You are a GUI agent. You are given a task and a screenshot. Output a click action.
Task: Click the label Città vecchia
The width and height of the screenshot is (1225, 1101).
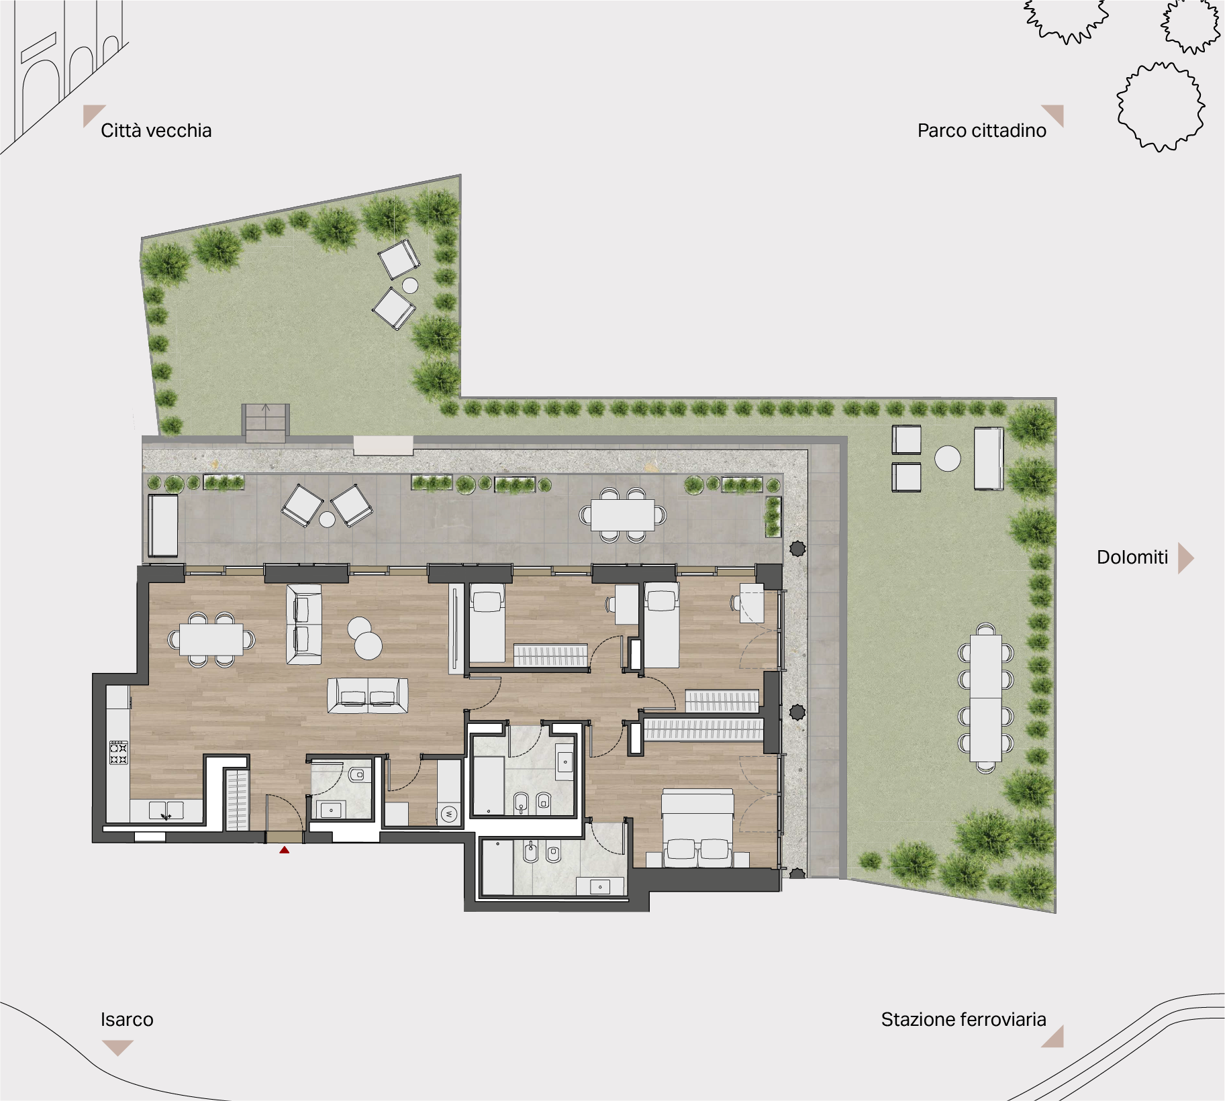(x=156, y=130)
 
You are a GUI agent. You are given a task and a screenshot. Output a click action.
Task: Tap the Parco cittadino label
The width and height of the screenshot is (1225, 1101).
(x=981, y=130)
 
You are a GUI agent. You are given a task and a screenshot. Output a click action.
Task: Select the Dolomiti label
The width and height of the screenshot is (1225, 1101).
(x=1132, y=557)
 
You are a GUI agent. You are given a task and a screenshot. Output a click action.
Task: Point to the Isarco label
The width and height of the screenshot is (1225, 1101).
(x=127, y=1019)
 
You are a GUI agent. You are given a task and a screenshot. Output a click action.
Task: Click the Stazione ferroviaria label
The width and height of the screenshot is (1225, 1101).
(x=963, y=1019)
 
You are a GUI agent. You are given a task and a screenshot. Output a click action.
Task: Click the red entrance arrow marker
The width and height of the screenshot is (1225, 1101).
(x=285, y=850)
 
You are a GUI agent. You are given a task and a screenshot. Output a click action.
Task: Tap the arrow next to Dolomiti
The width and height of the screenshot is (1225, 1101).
(x=1185, y=558)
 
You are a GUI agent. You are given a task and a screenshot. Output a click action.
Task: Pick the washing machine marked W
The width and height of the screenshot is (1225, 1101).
(x=449, y=815)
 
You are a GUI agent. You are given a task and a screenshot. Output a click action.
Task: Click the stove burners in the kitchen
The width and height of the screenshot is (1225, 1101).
(x=119, y=752)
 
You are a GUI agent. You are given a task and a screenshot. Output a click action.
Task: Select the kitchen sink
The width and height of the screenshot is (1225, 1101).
(x=166, y=811)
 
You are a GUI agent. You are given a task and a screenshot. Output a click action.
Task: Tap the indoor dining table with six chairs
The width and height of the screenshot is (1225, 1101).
(x=211, y=639)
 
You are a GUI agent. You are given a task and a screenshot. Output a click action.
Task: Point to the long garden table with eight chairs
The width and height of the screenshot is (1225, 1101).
(x=985, y=698)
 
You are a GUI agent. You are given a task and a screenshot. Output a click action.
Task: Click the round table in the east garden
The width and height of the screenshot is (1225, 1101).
(x=948, y=459)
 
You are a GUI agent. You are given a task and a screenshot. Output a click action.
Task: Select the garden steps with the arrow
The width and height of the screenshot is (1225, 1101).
(x=266, y=423)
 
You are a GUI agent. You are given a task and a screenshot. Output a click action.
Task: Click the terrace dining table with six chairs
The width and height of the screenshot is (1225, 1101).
(x=622, y=515)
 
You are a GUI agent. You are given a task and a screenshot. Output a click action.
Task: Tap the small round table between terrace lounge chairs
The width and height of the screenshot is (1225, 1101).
(x=327, y=519)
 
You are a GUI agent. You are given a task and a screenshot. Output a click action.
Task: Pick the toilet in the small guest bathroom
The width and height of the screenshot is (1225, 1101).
(x=356, y=775)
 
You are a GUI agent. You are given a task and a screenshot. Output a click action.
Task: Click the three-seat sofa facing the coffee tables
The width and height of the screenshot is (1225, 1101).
(x=368, y=694)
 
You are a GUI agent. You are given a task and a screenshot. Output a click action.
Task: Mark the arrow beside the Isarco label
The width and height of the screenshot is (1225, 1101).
(x=117, y=1047)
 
